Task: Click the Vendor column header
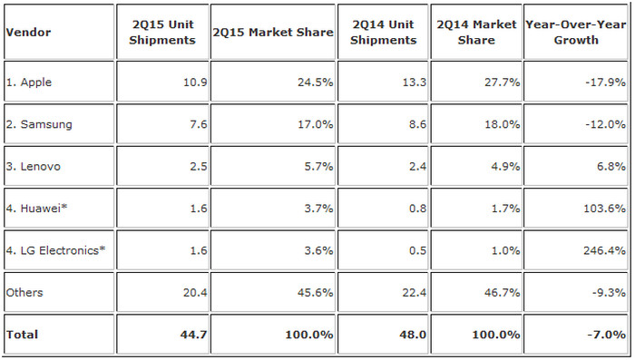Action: point(28,32)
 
